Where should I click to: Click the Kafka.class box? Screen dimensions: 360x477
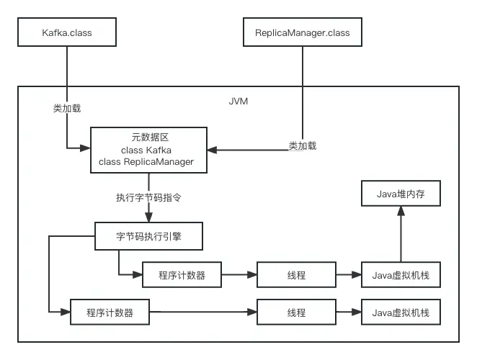tap(68, 33)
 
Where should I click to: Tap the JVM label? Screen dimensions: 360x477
tap(238, 102)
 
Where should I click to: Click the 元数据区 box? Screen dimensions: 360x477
tap(148, 149)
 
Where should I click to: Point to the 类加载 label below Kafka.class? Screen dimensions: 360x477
tap(67, 108)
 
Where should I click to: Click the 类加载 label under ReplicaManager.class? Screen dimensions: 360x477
tap(303, 145)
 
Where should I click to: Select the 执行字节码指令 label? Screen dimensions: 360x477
tap(148, 197)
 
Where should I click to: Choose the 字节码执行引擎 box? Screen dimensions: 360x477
tap(149, 235)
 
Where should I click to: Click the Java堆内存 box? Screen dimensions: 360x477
tap(401, 194)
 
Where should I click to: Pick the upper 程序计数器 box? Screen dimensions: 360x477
tap(182, 275)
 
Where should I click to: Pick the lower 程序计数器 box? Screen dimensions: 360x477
tap(110, 312)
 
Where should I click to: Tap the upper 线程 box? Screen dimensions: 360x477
tap(296, 275)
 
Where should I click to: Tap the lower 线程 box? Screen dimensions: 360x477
tap(296, 312)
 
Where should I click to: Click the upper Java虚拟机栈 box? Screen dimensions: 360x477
tap(401, 275)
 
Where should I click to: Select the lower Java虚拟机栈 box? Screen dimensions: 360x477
tap(401, 312)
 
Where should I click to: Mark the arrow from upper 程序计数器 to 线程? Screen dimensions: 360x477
tap(240, 275)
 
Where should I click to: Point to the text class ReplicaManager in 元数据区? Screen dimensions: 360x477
tap(148, 162)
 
